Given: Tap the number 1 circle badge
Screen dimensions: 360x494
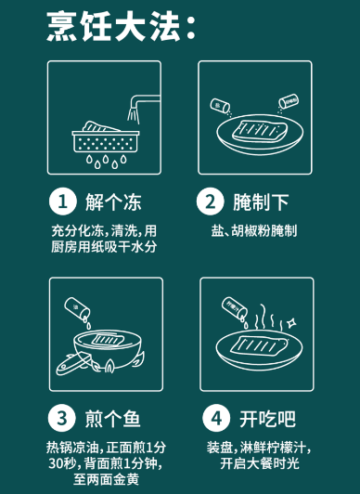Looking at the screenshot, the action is click(63, 201).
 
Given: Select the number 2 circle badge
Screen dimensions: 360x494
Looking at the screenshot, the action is click(211, 201).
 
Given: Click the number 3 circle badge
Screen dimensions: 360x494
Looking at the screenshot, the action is click(62, 418).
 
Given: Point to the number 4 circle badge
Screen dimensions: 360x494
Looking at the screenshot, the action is click(216, 418).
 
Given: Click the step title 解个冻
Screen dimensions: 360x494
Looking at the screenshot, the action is click(113, 201).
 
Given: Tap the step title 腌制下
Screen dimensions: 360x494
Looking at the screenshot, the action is click(261, 201).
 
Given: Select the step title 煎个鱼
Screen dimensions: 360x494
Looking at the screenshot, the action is click(112, 419).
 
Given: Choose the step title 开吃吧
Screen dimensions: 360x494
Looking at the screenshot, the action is click(268, 419).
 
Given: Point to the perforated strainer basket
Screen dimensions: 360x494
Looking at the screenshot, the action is click(106, 141).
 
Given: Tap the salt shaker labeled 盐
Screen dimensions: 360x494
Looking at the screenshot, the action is click(220, 106).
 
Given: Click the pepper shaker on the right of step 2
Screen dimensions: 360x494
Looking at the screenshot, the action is click(289, 101).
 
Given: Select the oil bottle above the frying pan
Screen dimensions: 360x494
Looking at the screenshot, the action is click(77, 307).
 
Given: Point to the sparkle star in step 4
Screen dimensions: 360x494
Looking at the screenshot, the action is click(291, 323).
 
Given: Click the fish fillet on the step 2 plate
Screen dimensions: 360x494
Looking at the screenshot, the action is click(260, 131).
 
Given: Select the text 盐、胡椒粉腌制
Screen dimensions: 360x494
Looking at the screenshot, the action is click(254, 230).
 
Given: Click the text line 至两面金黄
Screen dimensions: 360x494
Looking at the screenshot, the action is click(107, 480).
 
